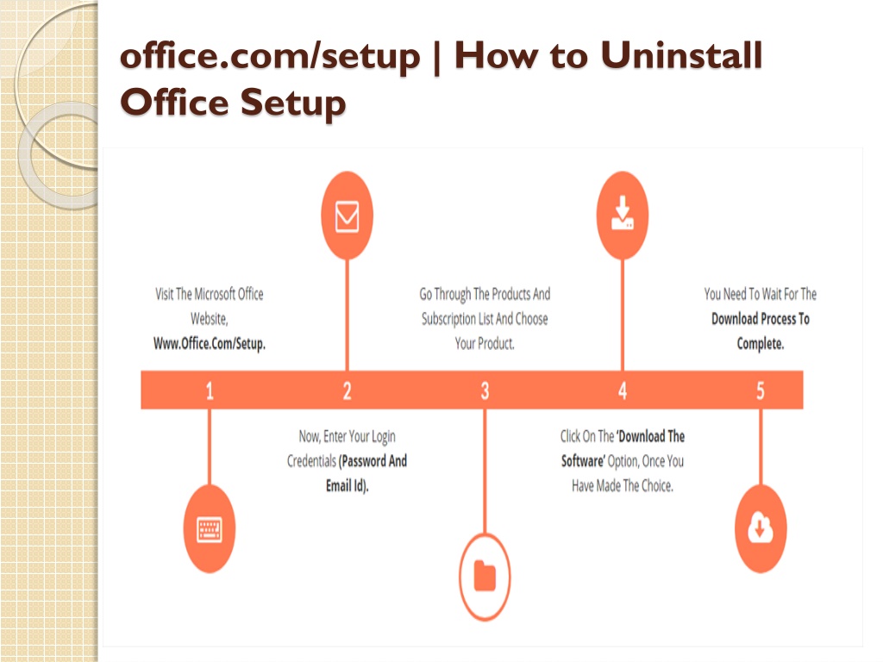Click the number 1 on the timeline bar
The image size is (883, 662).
coord(210,390)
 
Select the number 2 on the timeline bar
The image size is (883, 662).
coord(347,390)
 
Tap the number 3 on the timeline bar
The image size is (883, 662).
coord(485,390)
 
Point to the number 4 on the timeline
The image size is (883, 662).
coord(623,390)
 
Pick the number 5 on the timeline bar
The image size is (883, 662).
coord(761,390)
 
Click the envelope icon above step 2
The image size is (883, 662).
coord(347,216)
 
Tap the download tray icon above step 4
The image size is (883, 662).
coord(623,213)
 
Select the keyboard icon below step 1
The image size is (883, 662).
coord(210,529)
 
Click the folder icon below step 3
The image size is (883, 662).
coord(485,577)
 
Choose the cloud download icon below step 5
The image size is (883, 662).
coord(761,528)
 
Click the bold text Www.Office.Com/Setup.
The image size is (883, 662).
coord(210,343)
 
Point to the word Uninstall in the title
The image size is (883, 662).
coord(681,56)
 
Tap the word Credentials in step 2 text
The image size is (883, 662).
coord(311,461)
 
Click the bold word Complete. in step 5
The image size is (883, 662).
coord(761,343)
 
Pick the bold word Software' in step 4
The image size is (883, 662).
coord(584,461)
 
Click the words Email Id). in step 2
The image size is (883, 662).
coord(347,486)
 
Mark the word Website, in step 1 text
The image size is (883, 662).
coord(209,319)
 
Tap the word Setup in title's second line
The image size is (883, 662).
coord(293,103)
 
